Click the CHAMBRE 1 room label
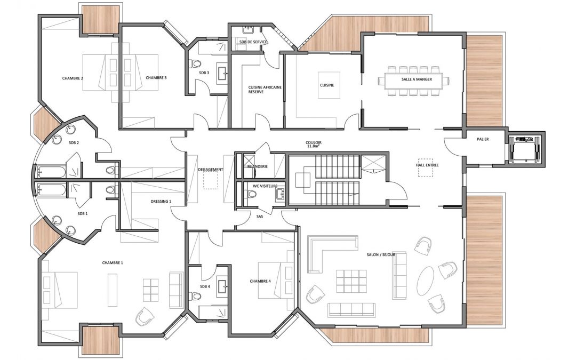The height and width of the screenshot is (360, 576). [113, 262]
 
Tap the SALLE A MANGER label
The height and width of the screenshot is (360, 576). [417, 79]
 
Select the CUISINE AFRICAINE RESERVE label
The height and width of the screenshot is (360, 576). [265, 89]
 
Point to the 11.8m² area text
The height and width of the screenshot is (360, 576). [314, 146]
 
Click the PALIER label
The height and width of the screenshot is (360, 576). [483, 139]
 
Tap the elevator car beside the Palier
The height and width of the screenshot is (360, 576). [526, 149]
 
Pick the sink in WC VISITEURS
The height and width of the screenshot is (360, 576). [281, 194]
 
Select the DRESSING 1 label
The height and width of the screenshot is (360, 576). [161, 201]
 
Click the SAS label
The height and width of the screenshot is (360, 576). [260, 217]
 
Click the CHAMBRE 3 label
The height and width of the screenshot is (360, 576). [156, 77]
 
